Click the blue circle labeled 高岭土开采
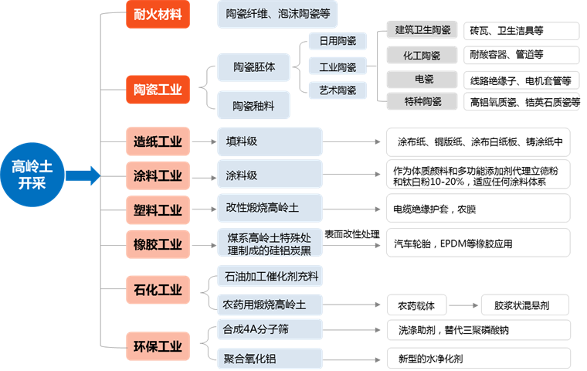[33, 175]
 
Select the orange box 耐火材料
[158, 14]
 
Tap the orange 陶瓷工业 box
[158, 89]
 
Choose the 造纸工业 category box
[158, 141]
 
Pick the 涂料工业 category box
[158, 175]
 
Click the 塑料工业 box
[158, 209]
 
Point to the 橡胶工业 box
[158, 244]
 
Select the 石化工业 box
[158, 290]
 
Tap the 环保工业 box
[158, 345]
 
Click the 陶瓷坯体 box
[254, 67]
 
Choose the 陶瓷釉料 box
[254, 104]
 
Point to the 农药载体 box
[416, 305]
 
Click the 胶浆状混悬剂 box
[515, 305]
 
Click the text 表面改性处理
[353, 233]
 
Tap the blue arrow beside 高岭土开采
[87, 175]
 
